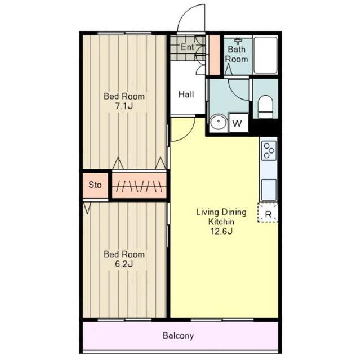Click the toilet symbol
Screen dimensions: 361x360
click(x=265, y=107)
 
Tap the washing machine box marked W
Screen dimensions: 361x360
click(x=238, y=123)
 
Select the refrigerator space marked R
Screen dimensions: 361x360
click(x=268, y=213)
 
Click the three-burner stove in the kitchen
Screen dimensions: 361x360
click(x=269, y=150)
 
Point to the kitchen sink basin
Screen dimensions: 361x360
click(x=269, y=190)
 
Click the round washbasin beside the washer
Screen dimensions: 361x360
click(x=219, y=123)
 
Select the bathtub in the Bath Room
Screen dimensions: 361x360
click(x=265, y=55)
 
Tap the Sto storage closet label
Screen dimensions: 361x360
click(x=95, y=184)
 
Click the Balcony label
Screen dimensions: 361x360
click(x=178, y=336)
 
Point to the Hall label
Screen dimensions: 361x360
click(x=186, y=94)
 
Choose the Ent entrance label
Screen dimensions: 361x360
click(x=187, y=47)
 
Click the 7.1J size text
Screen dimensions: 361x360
click(x=124, y=106)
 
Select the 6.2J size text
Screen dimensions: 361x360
click(x=124, y=264)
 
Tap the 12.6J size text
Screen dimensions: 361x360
click(x=221, y=231)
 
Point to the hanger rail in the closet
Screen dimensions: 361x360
click(x=139, y=186)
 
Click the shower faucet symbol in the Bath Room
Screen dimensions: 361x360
click(x=238, y=41)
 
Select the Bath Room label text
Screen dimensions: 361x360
click(x=237, y=54)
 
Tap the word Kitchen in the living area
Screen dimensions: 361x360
click(x=221, y=222)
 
